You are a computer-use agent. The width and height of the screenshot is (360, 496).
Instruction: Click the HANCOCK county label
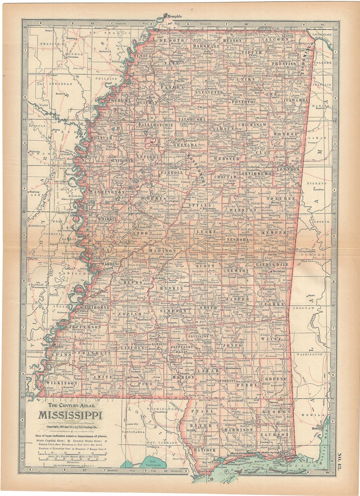[202, 450]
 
